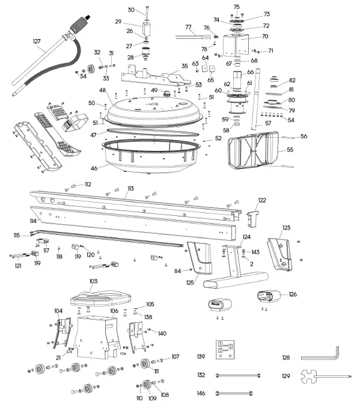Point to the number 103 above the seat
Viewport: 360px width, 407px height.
tap(93, 281)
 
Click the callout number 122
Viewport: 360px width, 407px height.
tap(261, 200)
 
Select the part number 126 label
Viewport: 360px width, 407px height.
tap(292, 294)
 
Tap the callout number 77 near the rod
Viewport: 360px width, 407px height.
tap(188, 27)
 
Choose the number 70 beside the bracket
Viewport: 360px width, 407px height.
tap(264, 36)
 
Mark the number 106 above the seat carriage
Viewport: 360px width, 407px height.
tap(114, 311)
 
